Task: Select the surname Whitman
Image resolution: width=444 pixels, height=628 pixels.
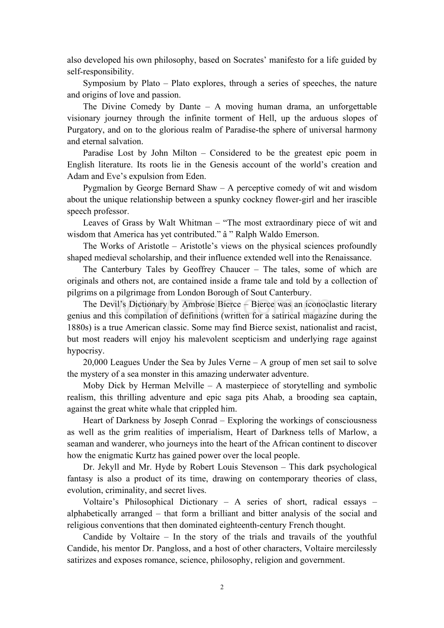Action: pos(194,223)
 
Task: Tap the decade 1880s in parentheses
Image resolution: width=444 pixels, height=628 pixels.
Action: pos(80,328)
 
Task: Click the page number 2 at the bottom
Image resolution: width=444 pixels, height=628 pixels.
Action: pos(222,587)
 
